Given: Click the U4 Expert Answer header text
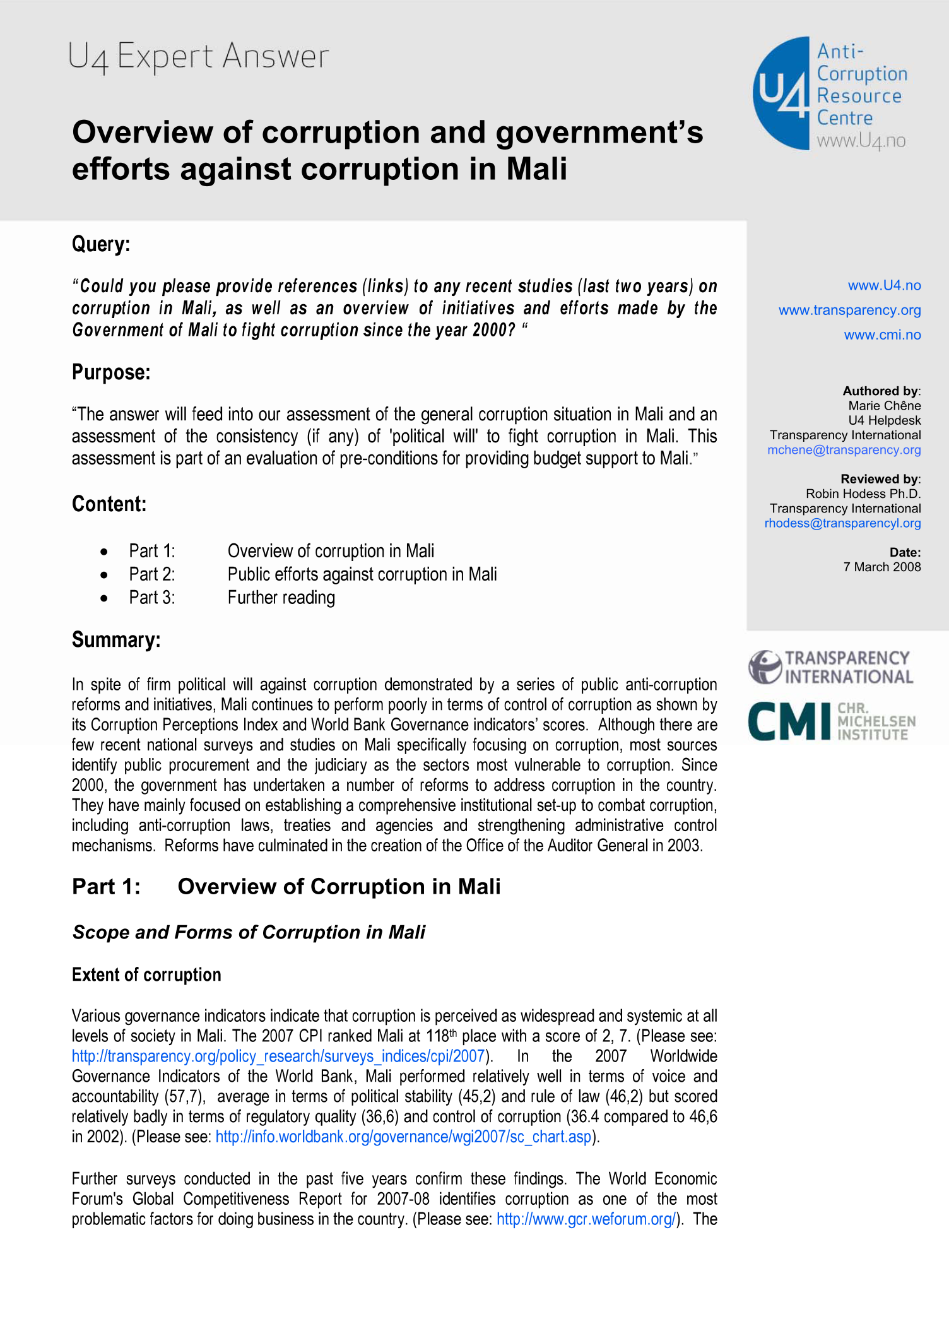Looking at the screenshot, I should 198,57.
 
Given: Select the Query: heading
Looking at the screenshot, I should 101,244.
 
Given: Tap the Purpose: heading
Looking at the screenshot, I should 111,372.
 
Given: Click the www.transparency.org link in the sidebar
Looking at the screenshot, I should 849,310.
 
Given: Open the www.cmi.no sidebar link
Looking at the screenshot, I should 882,335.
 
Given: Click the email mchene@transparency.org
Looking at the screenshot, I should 844,450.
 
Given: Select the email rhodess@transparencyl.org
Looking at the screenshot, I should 842,523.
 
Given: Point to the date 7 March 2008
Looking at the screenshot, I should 881,567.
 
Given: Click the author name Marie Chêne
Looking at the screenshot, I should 884,406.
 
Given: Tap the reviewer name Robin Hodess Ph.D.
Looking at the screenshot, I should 863,494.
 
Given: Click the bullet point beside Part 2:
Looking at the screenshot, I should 104,575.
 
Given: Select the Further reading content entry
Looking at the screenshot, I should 281,598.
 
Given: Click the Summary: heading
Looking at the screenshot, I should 116,640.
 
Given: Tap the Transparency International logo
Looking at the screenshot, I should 830,667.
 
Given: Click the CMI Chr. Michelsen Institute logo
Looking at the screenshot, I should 831,721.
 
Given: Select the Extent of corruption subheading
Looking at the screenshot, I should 146,975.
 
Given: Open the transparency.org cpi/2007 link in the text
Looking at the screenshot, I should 278,1056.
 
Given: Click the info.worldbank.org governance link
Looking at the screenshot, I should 404,1137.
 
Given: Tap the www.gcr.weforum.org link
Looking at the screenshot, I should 586,1219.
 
